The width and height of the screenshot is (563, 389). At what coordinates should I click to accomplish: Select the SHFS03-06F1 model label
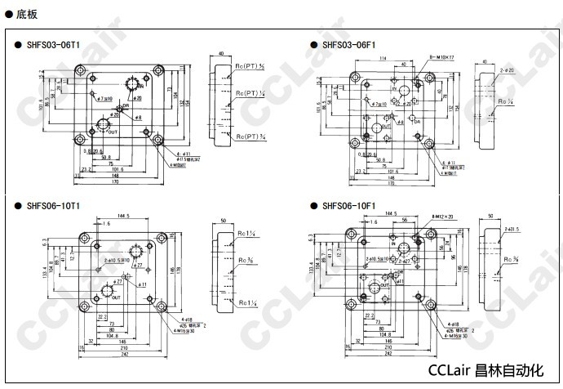[x=348, y=45]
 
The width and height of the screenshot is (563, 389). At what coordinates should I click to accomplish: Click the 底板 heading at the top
[x=25, y=14]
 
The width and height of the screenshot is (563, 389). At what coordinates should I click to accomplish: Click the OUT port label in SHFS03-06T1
[x=113, y=132]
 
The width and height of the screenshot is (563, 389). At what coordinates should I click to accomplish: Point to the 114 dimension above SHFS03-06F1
[x=383, y=58]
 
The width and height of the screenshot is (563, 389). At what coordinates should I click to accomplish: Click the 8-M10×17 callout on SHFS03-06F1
[x=441, y=57]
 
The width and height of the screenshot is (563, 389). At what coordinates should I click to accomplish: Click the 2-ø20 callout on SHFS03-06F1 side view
[x=507, y=71]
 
